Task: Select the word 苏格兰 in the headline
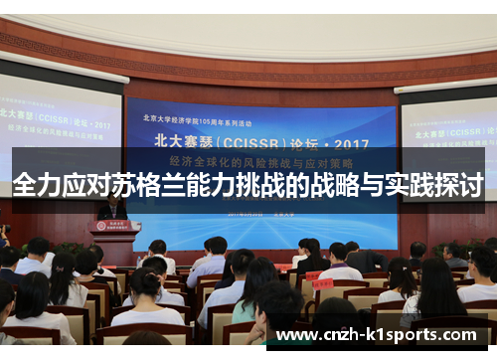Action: tap(132, 185)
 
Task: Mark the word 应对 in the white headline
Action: tap(83, 185)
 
